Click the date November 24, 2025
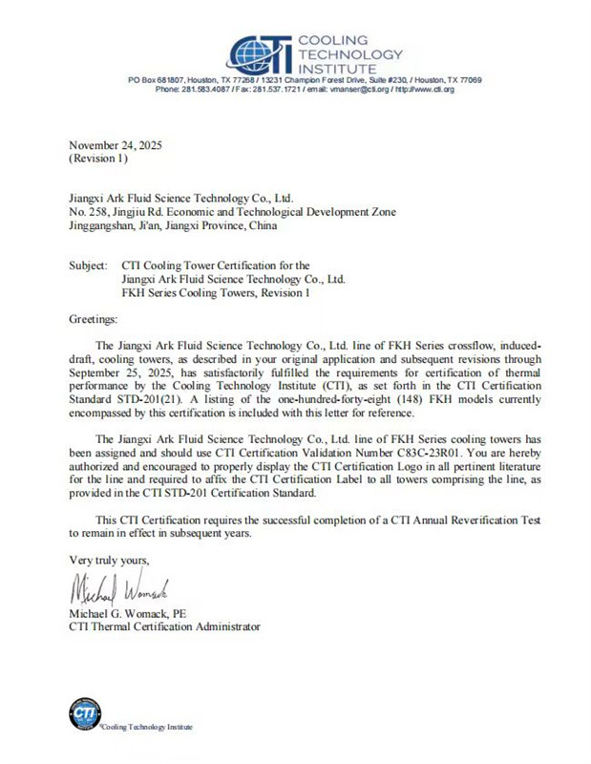click(x=116, y=146)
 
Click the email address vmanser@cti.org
click(x=355, y=89)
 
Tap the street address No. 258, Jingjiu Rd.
click(x=131, y=212)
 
